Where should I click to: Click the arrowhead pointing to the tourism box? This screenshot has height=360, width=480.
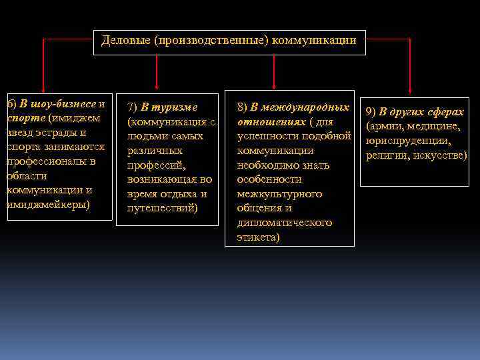click(157, 85)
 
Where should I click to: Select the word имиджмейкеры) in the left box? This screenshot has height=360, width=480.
click(47, 204)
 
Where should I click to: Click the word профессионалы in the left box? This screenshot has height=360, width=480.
click(51, 161)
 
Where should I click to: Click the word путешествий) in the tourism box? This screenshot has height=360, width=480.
click(167, 208)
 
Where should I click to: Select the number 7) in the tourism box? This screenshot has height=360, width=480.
click(132, 107)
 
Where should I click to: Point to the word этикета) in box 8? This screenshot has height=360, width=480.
click(259, 237)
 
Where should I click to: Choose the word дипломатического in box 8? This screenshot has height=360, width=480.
click(285, 223)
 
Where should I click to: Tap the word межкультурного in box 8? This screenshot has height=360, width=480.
click(279, 194)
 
